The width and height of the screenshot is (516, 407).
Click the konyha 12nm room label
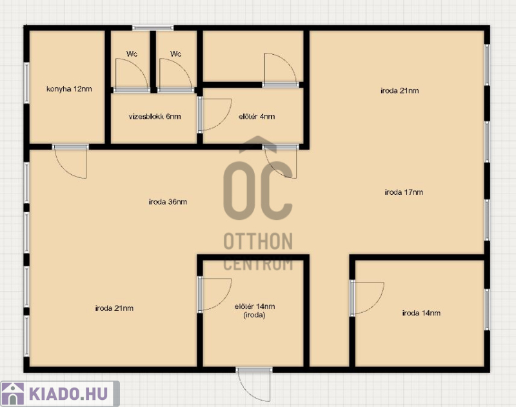coord(69,89)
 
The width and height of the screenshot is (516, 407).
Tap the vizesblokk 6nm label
coord(155,117)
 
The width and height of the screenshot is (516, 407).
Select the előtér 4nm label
coord(257,117)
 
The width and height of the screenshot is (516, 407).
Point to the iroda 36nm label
coord(168,202)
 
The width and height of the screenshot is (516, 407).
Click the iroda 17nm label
coord(404,192)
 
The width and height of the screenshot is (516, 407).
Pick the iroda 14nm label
coord(421,313)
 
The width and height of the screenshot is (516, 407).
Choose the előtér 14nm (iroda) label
coord(255,311)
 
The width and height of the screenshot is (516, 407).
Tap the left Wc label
coord(132,54)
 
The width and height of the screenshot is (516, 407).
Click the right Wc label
coord(175,54)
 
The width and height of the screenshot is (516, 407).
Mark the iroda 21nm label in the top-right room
coord(399,90)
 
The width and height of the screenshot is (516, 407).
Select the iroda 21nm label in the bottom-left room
coord(114,308)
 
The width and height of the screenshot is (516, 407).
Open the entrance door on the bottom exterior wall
coord(254,384)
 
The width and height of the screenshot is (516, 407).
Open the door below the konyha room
coord(70,161)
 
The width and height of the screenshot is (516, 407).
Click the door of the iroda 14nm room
coord(366,298)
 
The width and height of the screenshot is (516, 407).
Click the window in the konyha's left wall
coord(26,83)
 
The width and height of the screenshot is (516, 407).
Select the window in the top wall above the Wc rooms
coord(153,28)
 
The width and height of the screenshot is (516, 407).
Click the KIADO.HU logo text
coord(68,393)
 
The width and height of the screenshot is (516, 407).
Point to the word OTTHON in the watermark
coord(258,241)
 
